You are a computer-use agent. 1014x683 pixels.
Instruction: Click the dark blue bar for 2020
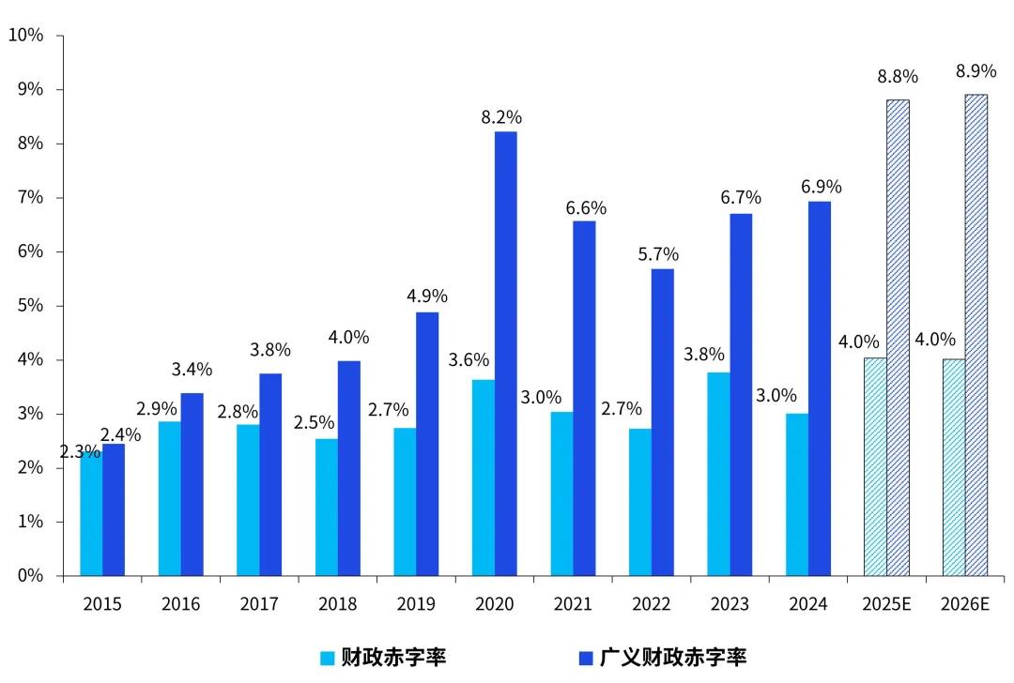506,353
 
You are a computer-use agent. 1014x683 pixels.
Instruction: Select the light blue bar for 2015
91,514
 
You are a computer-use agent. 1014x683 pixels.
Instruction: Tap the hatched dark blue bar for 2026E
976,335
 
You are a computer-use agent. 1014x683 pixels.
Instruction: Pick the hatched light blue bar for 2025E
875,466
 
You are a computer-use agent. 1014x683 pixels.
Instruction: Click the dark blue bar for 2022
663,422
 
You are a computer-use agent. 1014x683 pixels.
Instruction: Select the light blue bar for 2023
718,474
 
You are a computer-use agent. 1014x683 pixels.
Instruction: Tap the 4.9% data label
427,296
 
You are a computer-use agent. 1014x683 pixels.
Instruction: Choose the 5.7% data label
658,254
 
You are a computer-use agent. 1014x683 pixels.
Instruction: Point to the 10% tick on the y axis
25,36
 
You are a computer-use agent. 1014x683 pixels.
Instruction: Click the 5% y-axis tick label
29,306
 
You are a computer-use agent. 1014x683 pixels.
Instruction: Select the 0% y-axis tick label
29,576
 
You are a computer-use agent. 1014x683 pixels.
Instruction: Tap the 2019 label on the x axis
416,604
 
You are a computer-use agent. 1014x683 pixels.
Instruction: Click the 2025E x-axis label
886,604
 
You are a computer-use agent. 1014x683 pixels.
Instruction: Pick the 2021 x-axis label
573,604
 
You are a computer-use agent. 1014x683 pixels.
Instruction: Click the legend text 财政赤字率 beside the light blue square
393,657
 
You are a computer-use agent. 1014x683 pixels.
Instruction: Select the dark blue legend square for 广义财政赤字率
585,657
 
